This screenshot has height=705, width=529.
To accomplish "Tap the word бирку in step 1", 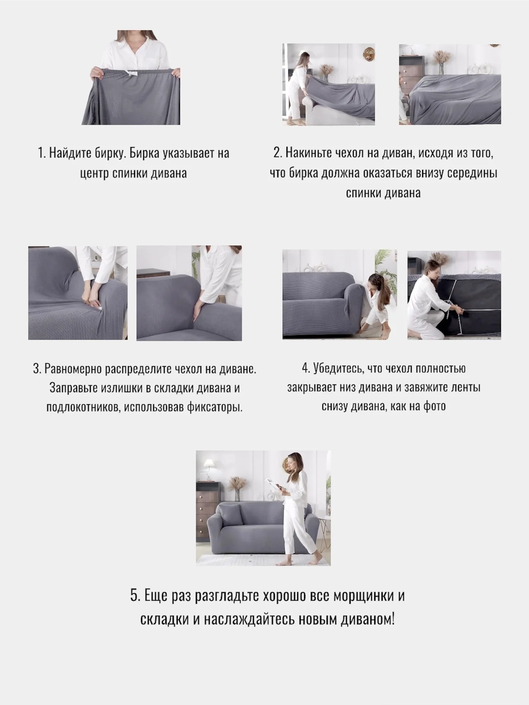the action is (x=110, y=153).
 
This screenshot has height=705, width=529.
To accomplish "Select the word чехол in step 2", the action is (x=349, y=153).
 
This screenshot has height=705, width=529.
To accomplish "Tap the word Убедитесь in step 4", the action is (x=338, y=369).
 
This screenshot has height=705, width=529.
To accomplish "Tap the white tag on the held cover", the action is (x=131, y=73).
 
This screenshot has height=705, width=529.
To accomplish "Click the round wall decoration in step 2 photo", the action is (x=368, y=52).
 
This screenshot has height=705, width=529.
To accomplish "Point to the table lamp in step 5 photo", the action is (x=208, y=468).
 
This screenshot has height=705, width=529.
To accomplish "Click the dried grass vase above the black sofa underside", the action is (x=438, y=260).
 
